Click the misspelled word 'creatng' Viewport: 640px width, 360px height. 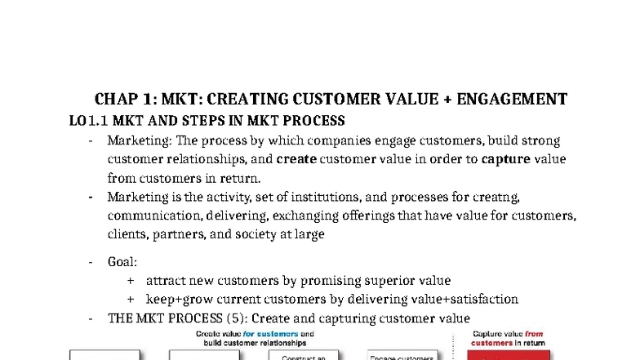(x=487, y=197)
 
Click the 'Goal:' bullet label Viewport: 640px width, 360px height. (x=122, y=262)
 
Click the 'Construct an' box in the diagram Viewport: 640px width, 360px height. (x=304, y=356)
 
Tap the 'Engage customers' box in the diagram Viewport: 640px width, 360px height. (x=401, y=356)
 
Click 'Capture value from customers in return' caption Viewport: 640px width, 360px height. (x=509, y=339)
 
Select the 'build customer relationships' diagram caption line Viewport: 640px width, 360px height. (x=255, y=343)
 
